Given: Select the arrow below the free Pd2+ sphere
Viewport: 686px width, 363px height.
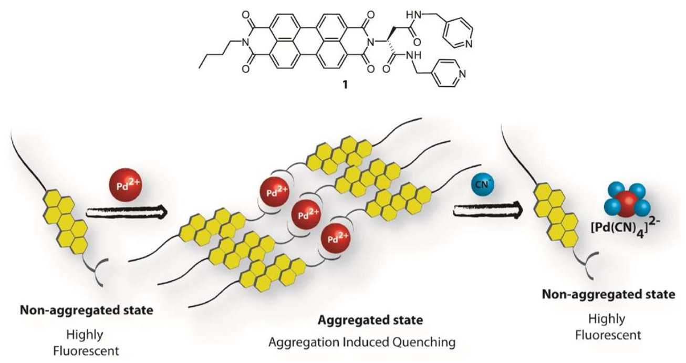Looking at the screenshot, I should tap(126, 212).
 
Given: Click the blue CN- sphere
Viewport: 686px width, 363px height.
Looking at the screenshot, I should tap(480, 186).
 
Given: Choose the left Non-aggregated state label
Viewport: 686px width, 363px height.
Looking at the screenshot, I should tap(86, 310).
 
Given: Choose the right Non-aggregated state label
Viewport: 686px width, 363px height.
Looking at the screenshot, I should tap(608, 295).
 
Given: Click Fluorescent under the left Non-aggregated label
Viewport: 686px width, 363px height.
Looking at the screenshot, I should tap(86, 348).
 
